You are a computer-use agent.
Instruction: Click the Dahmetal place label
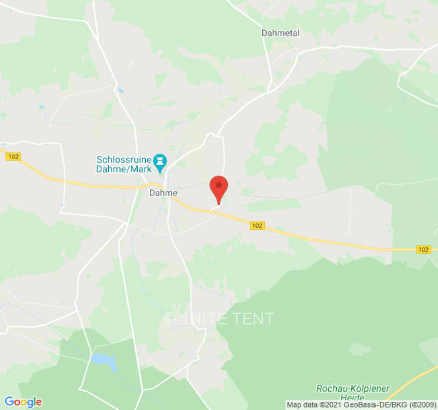tap(280, 33)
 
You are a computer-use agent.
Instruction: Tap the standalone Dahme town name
tap(163, 193)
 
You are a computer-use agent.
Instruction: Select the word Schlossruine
tap(124, 159)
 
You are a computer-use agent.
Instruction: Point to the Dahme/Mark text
tap(124, 169)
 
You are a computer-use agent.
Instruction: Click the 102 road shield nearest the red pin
tap(257, 225)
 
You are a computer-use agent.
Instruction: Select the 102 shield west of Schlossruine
tap(13, 157)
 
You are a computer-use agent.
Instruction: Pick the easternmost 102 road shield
tap(423, 249)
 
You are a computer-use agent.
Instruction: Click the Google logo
tap(23, 401)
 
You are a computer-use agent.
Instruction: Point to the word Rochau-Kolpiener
tap(353, 388)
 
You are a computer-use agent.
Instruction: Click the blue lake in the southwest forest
tap(104, 361)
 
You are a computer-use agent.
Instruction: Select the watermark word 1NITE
tap(204, 319)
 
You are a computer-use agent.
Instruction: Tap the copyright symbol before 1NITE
tap(169, 319)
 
